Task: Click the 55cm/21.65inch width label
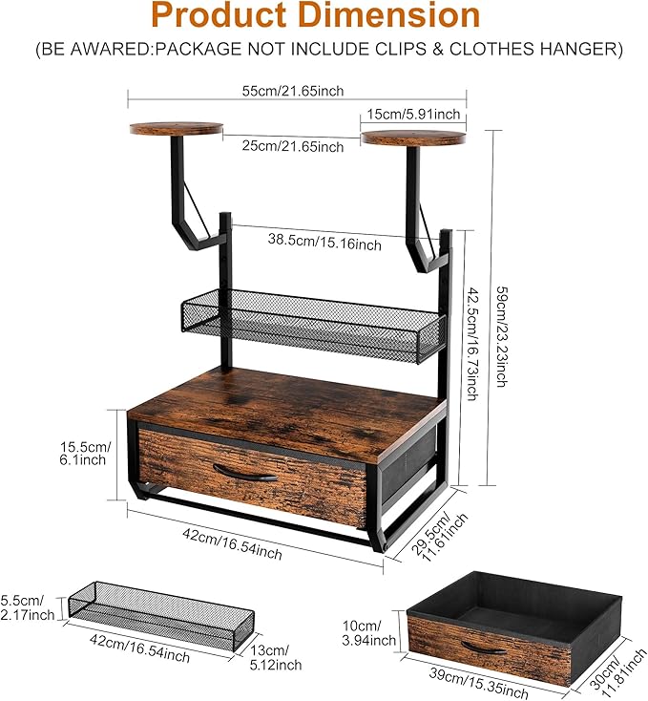tap(293, 91)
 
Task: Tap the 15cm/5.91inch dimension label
tap(413, 114)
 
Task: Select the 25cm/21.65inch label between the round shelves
tap(293, 146)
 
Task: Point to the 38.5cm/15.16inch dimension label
tap(324, 242)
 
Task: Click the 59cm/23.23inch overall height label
tap(503, 336)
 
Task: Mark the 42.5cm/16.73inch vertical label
tap(473, 344)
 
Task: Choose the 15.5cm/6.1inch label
tap(85, 454)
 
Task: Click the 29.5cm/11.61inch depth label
tap(439, 536)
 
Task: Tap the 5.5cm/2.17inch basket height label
tap(27, 607)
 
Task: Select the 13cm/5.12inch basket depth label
tap(276, 658)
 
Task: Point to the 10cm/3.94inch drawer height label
tap(369, 633)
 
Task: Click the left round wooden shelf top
tap(177, 129)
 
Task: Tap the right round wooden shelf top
tap(413, 138)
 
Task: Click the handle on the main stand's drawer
tap(245, 473)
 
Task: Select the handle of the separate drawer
tap(484, 648)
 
